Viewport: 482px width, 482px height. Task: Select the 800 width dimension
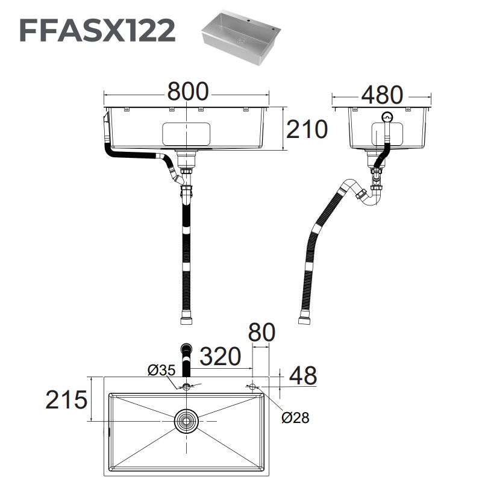click(x=187, y=92)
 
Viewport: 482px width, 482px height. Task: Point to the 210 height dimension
click(x=307, y=129)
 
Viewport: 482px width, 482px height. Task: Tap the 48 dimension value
click(x=302, y=376)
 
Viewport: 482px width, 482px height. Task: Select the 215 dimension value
click(x=67, y=399)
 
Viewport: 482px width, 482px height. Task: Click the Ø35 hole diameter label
click(x=161, y=371)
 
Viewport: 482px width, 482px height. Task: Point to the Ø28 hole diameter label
click(x=295, y=418)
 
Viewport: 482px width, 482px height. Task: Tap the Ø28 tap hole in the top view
click(x=252, y=386)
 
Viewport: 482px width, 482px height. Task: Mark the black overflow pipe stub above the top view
click(x=186, y=358)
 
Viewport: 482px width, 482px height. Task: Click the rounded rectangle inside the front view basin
click(x=186, y=134)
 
